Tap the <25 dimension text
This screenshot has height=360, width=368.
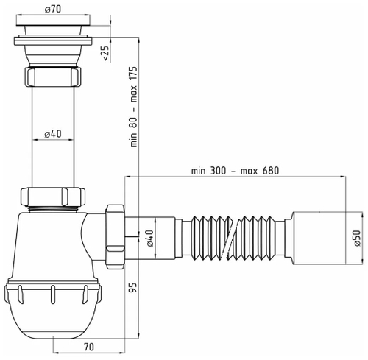[105, 54]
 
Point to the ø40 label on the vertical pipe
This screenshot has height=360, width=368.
[51, 134]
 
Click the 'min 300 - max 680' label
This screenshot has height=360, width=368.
[235, 169]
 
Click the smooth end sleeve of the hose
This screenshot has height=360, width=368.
[316, 236]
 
